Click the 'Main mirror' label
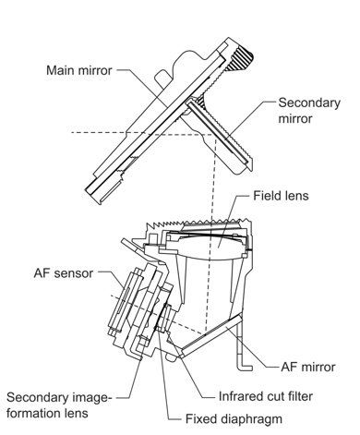79,70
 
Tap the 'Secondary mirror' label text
309,111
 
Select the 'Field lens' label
281,196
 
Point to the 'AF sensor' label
64,273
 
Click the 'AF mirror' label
308,367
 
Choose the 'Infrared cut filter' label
266,396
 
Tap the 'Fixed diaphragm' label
234,419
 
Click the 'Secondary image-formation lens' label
57,405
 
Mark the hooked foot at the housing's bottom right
245,367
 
